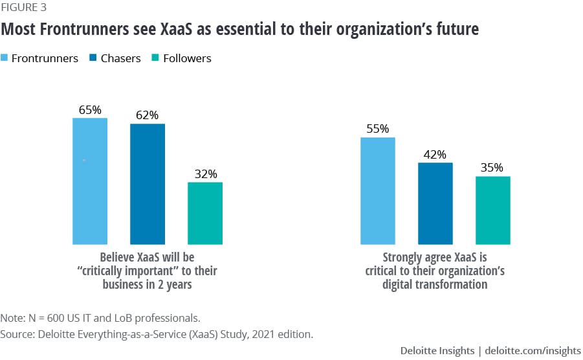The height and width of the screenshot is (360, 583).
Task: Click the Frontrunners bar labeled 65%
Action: tap(90, 181)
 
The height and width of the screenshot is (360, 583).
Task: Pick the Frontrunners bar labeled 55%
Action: tap(378, 190)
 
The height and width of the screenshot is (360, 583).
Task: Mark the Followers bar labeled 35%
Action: tap(493, 210)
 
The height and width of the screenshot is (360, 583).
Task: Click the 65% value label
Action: tap(90, 110)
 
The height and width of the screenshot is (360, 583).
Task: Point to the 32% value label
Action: tap(205, 174)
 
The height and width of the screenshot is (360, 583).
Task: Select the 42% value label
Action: tap(435, 155)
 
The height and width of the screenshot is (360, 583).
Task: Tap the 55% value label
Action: tap(378, 129)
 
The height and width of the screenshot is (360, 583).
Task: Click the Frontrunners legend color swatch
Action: tap(6, 58)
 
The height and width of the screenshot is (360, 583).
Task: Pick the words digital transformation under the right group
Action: tap(435, 284)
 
